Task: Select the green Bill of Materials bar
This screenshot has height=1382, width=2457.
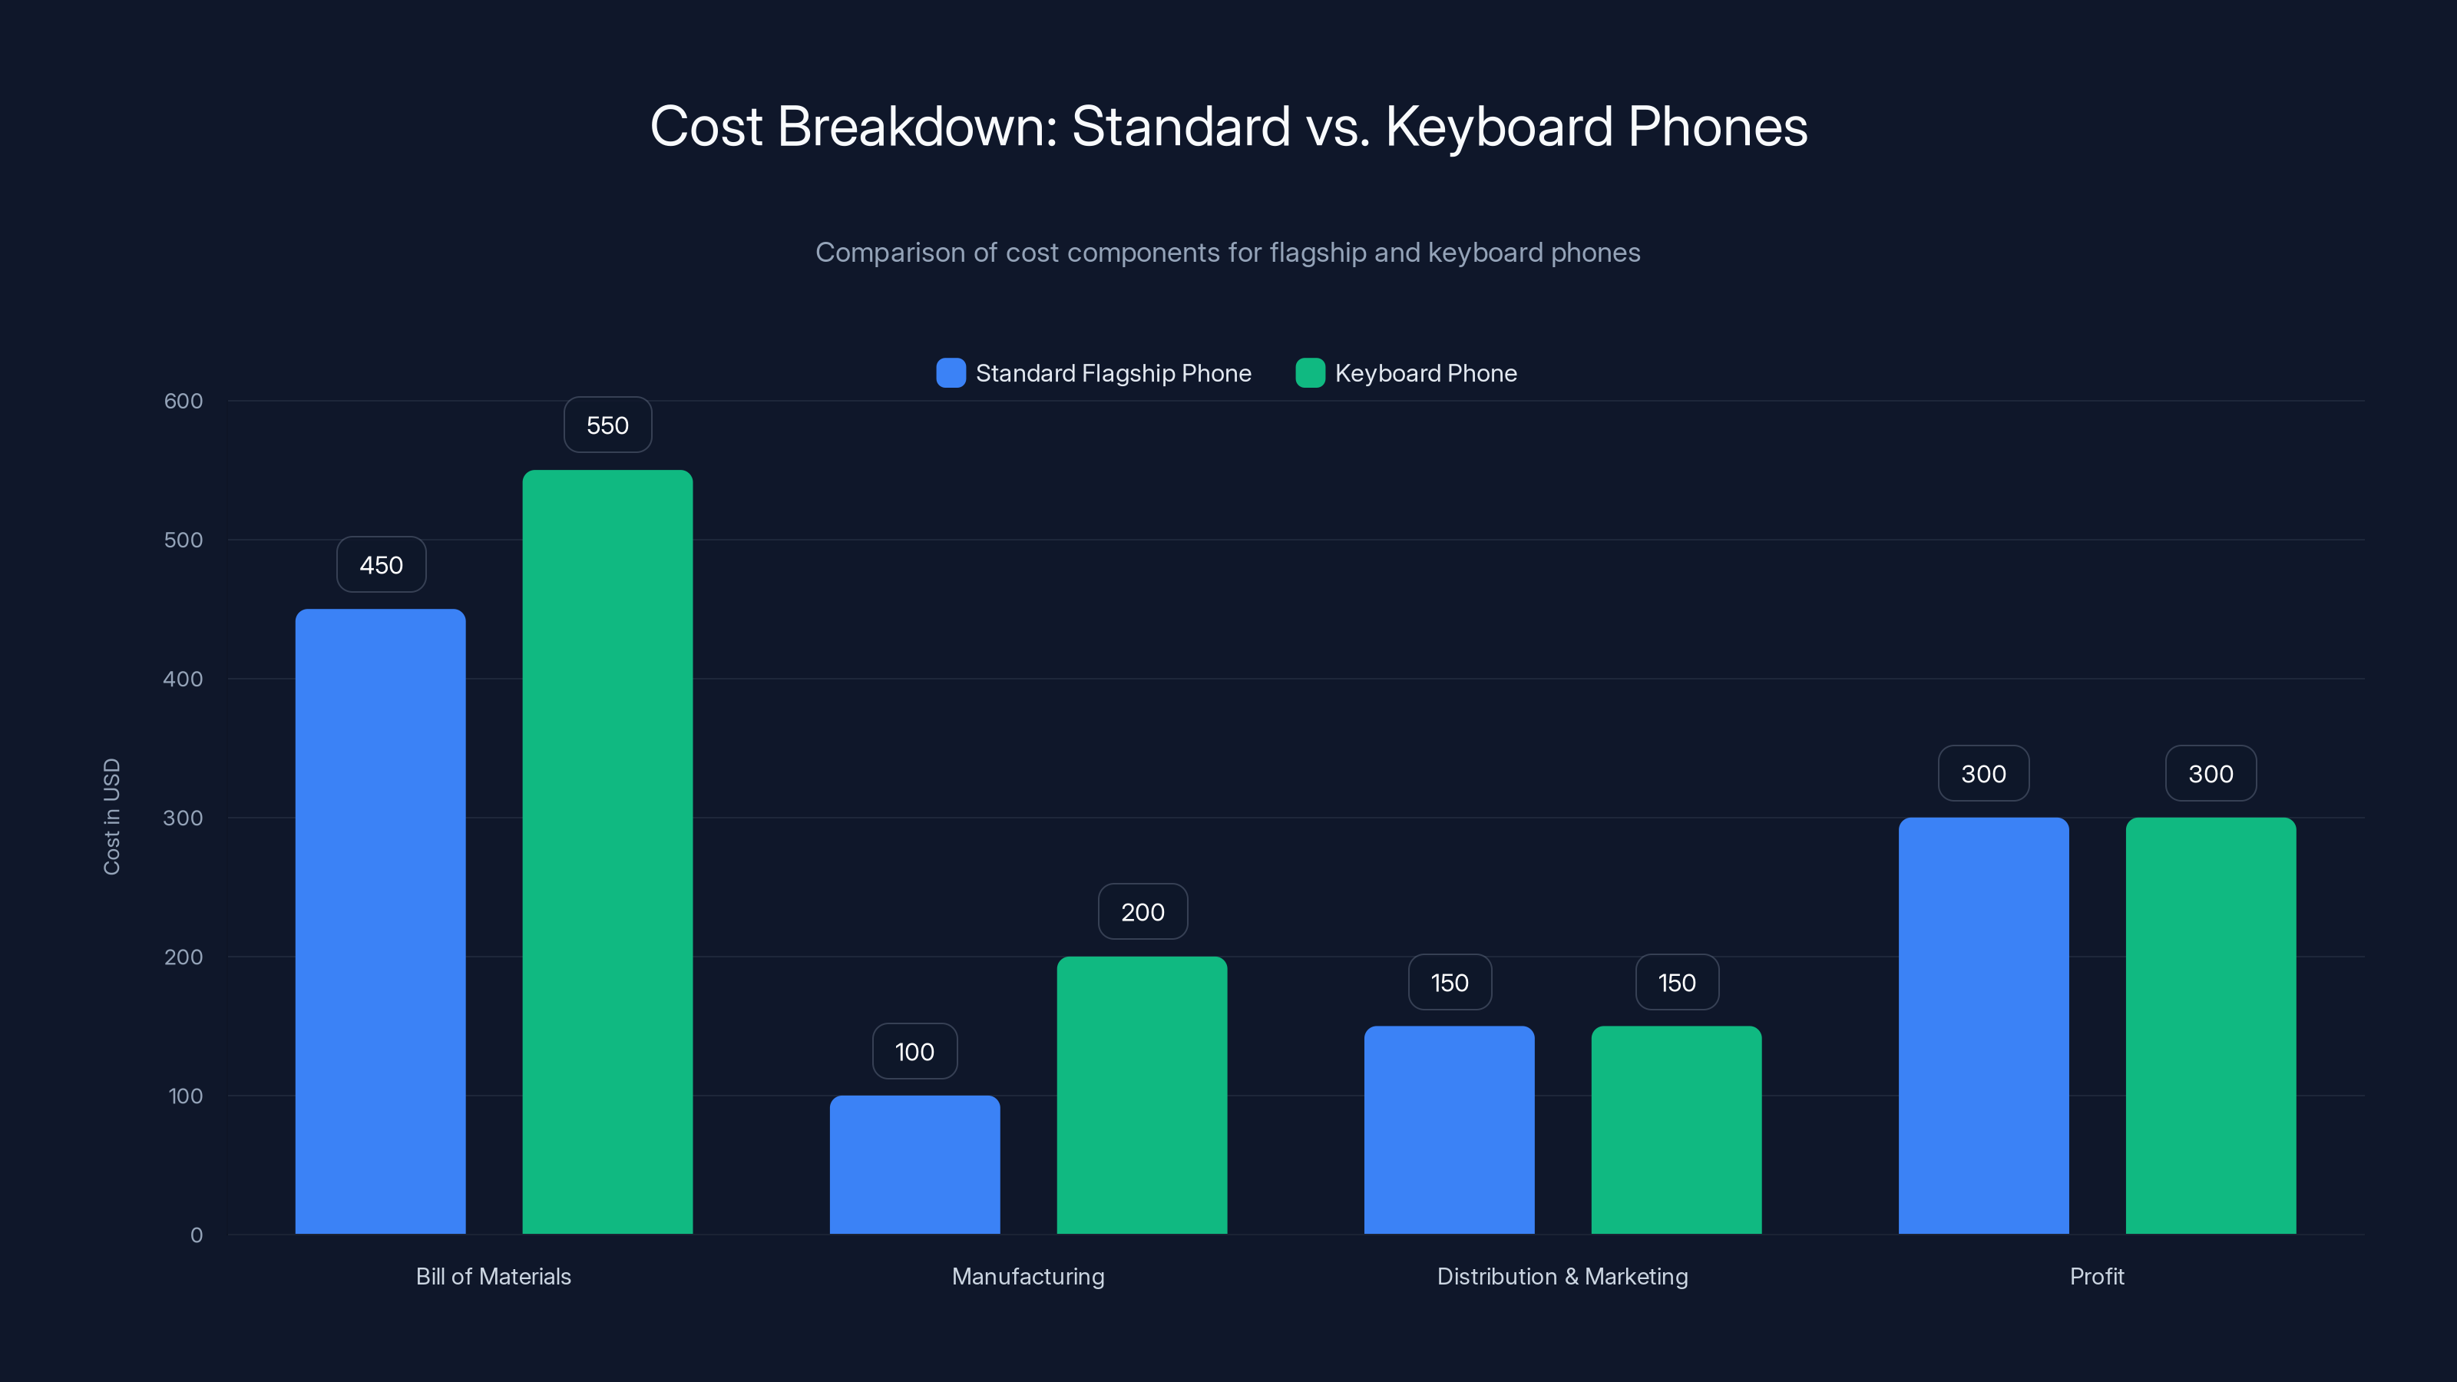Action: tap(607, 851)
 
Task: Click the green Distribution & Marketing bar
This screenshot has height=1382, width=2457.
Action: tap(1676, 1129)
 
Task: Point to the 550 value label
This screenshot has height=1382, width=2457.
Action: tap(607, 425)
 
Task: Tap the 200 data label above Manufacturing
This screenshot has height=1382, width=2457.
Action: tap(1143, 912)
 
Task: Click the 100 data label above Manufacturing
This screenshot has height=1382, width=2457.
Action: tap(914, 1051)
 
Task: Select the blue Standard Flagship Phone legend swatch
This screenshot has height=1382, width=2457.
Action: tap(950, 373)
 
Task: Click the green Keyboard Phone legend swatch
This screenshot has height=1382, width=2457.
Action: tap(1310, 373)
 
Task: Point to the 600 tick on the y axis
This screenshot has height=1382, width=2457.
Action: tap(184, 401)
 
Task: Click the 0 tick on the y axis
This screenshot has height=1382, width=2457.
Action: tap(197, 1235)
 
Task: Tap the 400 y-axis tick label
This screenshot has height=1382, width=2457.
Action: tap(184, 679)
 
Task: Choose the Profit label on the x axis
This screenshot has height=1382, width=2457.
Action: tap(2096, 1276)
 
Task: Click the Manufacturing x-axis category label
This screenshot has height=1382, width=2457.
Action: tap(1028, 1276)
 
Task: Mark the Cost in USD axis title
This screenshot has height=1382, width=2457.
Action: tap(111, 816)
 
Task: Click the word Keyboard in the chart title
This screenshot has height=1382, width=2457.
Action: tap(1500, 127)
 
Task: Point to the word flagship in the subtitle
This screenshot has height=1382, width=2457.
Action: tap(1318, 253)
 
